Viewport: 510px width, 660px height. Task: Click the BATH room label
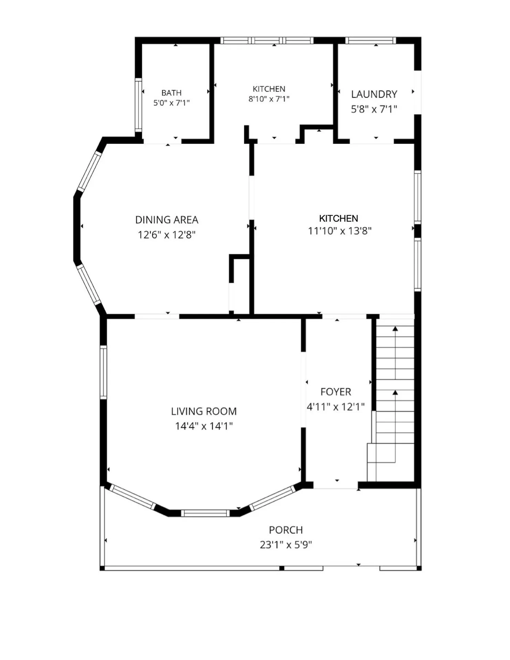[x=171, y=93]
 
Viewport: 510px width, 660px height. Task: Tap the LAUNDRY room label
[x=374, y=94]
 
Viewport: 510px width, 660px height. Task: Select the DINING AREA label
[x=167, y=220]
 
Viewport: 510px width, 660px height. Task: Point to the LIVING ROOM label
[x=204, y=411]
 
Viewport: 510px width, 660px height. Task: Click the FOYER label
[x=336, y=392]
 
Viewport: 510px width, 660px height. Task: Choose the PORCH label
[x=286, y=530]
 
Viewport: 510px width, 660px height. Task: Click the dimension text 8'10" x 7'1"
[x=269, y=99]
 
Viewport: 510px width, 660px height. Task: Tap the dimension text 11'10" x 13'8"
[x=340, y=231]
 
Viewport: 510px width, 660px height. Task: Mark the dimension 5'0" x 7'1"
[x=171, y=103]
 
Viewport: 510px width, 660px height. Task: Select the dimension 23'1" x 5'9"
[x=286, y=545]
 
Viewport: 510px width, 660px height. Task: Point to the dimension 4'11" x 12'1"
[x=336, y=407]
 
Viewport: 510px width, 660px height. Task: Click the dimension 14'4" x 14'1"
[x=204, y=426]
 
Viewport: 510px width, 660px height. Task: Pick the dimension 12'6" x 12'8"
[x=167, y=235]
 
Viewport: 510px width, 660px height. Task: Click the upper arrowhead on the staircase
[x=395, y=329]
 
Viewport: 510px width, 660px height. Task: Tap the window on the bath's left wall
[x=138, y=105]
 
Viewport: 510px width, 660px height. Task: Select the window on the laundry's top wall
[x=370, y=41]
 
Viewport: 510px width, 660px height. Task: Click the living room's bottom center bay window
[x=205, y=513]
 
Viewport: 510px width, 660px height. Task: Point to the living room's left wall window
[x=104, y=372]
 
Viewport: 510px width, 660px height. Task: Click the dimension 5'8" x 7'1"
[x=374, y=109]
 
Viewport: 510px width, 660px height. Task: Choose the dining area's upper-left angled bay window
[x=89, y=171]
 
